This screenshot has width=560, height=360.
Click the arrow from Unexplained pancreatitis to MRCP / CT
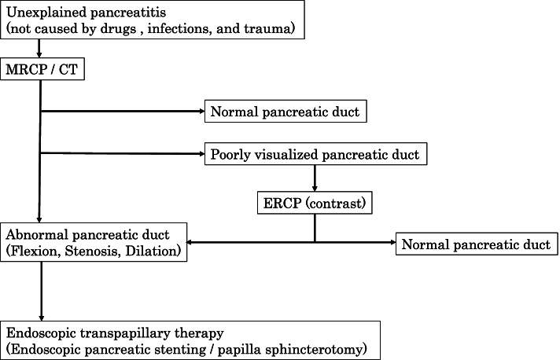39,50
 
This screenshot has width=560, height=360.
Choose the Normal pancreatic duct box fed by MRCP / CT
284,112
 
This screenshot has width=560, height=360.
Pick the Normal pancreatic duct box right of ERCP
475,244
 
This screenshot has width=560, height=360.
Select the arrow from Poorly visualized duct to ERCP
315,178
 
